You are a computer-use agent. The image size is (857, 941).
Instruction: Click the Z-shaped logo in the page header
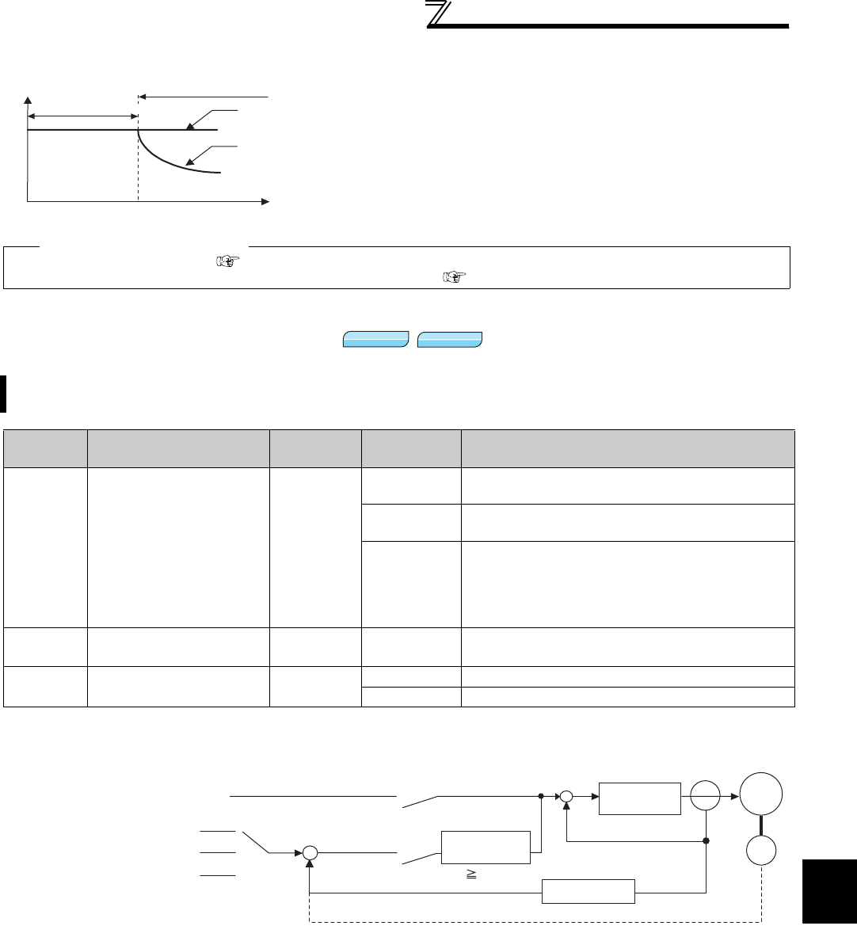[x=438, y=13]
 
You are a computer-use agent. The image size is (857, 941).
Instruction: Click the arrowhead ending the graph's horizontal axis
[x=266, y=202]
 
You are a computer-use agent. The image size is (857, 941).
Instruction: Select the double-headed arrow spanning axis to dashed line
[x=82, y=116]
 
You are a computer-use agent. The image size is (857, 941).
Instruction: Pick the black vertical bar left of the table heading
[x=3, y=394]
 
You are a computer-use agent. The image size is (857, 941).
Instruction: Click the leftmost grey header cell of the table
[x=46, y=448]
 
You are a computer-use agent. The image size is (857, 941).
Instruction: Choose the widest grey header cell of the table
[x=628, y=448]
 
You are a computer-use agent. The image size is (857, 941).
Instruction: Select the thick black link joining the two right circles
[x=761, y=830]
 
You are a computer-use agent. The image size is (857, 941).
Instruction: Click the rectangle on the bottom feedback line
[x=588, y=891]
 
